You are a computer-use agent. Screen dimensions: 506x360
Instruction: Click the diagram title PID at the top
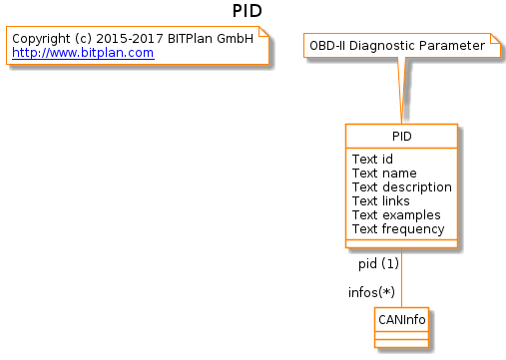click(x=248, y=11)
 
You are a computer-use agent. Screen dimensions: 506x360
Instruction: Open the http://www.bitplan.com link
click(x=83, y=53)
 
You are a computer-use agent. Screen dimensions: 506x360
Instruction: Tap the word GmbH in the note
click(x=236, y=39)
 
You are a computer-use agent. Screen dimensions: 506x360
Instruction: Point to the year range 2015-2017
click(x=130, y=39)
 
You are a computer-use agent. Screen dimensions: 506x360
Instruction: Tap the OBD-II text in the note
click(x=327, y=46)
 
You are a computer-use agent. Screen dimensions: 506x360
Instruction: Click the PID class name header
click(x=402, y=137)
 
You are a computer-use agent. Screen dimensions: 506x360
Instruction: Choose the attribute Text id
click(x=372, y=160)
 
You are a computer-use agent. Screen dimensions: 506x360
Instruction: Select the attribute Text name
click(x=384, y=174)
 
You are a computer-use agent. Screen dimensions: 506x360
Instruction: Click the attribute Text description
click(x=402, y=187)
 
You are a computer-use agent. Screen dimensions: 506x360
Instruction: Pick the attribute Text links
click(x=381, y=201)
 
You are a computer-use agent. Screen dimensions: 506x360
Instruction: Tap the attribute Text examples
click(x=396, y=215)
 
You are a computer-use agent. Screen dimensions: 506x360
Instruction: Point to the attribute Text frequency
click(x=398, y=229)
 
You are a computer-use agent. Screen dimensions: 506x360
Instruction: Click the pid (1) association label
click(x=378, y=264)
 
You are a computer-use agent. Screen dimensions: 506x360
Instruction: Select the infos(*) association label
click(x=371, y=292)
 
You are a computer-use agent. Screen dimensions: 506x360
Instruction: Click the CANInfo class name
click(x=402, y=320)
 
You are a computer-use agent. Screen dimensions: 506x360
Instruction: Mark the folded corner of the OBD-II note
click(x=495, y=38)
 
